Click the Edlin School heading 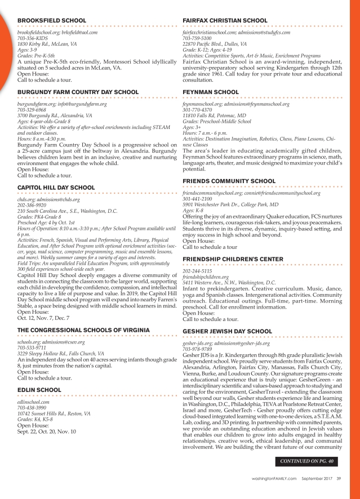[x=39, y=390]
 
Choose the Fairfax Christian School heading [x=225, y=20]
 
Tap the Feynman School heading [x=211, y=92]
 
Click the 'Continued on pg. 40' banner [x=308, y=461]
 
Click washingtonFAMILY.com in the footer [x=274, y=479]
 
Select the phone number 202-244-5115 [x=197, y=271]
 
